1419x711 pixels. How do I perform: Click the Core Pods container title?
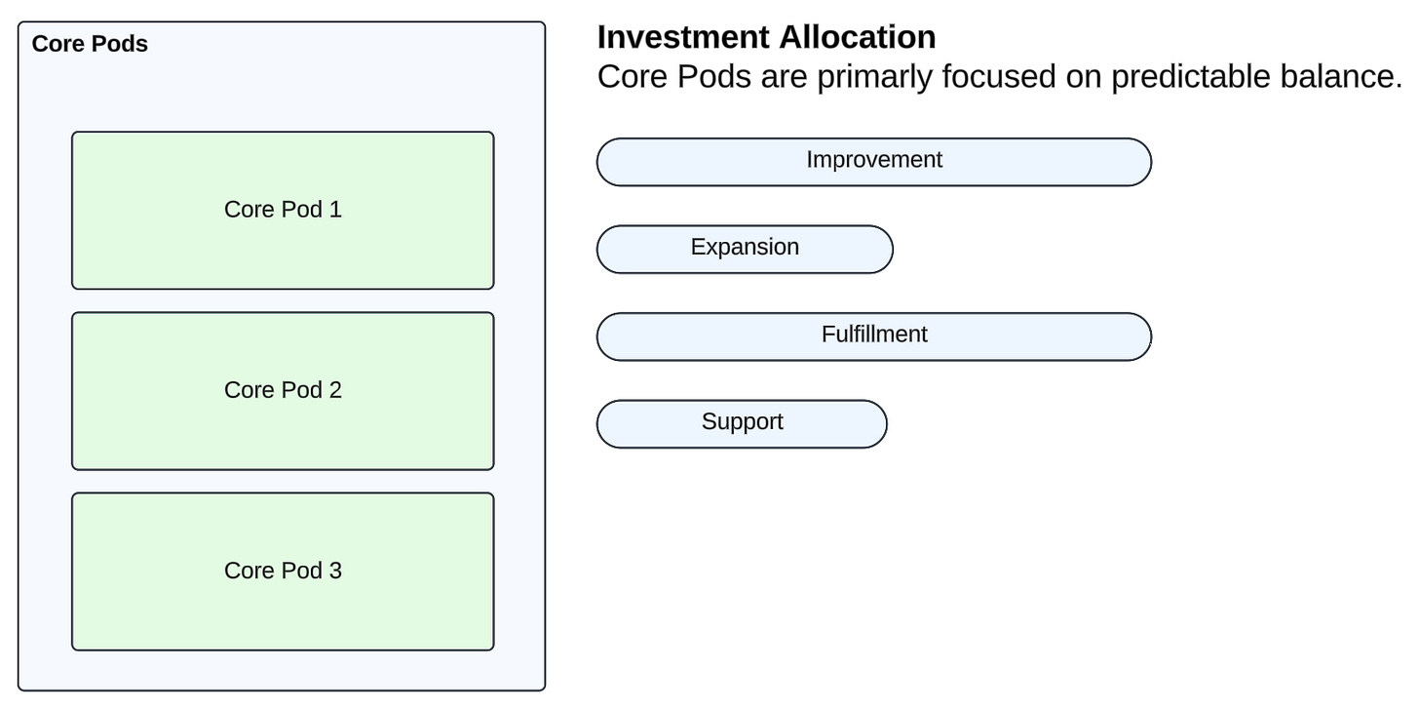[90, 44]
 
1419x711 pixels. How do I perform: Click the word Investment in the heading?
[683, 37]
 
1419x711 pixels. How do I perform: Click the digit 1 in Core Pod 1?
[335, 210]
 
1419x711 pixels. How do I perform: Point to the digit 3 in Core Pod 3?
[335, 571]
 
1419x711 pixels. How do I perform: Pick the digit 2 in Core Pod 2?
[335, 390]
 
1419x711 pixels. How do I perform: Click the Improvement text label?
[874, 160]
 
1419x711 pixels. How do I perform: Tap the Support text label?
[743, 422]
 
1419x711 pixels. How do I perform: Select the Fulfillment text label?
[874, 335]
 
